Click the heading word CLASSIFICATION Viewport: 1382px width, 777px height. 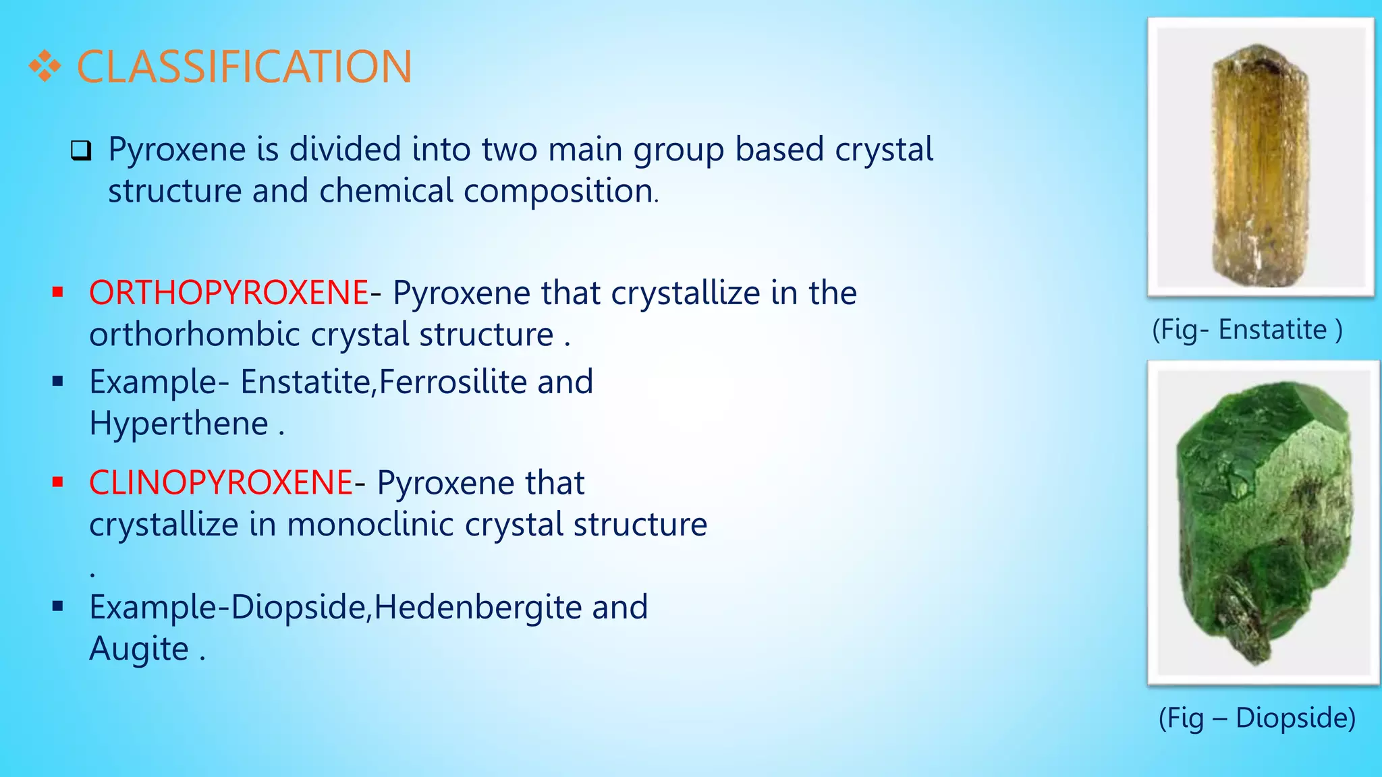coord(244,67)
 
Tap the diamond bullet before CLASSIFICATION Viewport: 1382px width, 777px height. coord(45,67)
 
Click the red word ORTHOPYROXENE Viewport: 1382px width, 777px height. coord(229,293)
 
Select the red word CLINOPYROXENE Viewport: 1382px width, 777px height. coord(221,483)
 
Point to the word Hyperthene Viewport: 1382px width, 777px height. coord(179,424)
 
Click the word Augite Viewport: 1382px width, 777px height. coord(139,649)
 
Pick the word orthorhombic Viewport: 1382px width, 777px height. coord(194,335)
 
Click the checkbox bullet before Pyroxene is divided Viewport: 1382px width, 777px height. coord(81,150)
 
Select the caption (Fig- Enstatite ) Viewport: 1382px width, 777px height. coord(1247,330)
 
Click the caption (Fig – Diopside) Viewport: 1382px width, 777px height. coord(1257,718)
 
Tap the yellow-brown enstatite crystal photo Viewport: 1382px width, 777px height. coord(1259,162)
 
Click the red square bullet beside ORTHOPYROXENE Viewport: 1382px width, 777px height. coord(57,293)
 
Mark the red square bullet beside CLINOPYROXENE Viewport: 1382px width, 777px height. coord(57,482)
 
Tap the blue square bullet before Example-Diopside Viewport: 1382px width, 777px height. coord(57,606)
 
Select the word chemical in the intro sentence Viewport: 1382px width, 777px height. coord(386,191)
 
